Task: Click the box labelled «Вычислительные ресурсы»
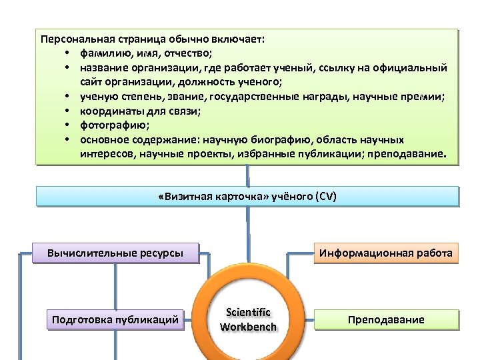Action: pyautogui.click(x=115, y=253)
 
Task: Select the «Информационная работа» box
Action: pyautogui.click(x=386, y=253)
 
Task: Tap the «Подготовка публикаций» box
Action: pyautogui.click(x=115, y=320)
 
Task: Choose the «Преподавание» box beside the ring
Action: pyautogui.click(x=386, y=320)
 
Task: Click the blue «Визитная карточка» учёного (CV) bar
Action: pyautogui.click(x=248, y=197)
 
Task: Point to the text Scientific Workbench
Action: pyautogui.click(x=248, y=319)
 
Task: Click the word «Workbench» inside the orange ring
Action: pyautogui.click(x=248, y=327)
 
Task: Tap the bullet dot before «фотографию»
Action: pyautogui.click(x=69, y=125)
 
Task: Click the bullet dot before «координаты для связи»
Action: pyautogui.click(x=69, y=111)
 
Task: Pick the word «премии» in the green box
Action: pyautogui.click(x=426, y=97)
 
